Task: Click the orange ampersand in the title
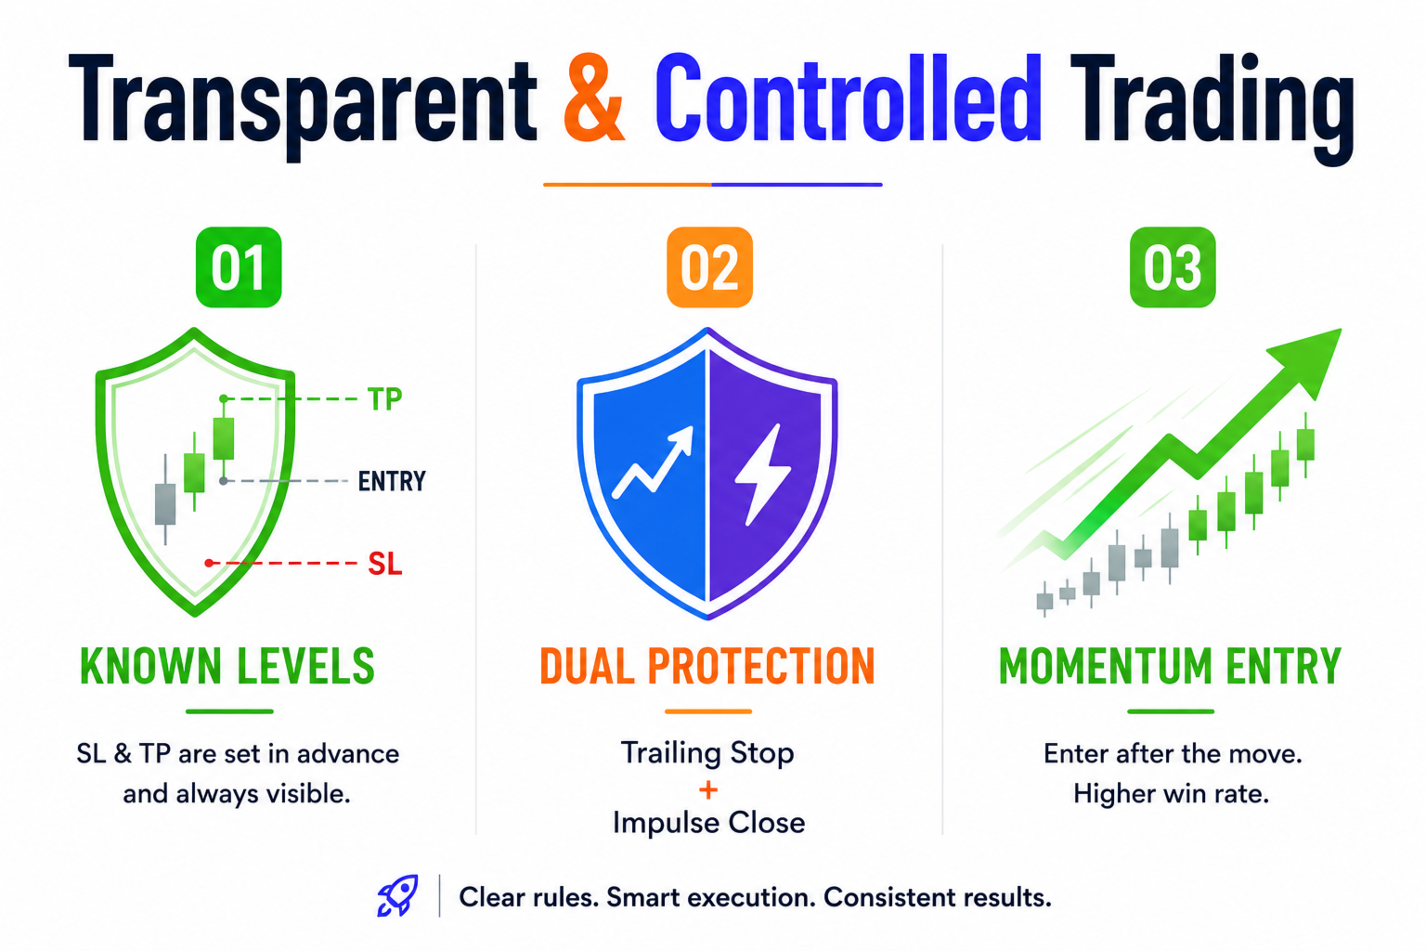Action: [x=594, y=98]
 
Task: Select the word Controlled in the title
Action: [x=849, y=97]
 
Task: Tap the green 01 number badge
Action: [x=239, y=267]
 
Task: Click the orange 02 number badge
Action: [x=710, y=267]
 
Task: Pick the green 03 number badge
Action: [x=1173, y=267]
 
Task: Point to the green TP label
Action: [x=384, y=400]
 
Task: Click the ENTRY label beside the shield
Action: [x=392, y=482]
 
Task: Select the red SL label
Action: [x=385, y=564]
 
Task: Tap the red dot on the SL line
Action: [x=209, y=563]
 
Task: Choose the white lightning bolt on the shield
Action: [x=762, y=475]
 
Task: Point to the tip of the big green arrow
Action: [x=1342, y=330]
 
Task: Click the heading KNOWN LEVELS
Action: [x=227, y=666]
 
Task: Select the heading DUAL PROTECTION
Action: [x=707, y=666]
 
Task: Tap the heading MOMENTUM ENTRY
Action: [x=1170, y=666]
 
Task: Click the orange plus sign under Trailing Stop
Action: [x=708, y=790]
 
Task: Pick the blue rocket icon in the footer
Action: [x=398, y=895]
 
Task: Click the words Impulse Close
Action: [x=708, y=823]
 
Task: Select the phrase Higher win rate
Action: [x=1172, y=794]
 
